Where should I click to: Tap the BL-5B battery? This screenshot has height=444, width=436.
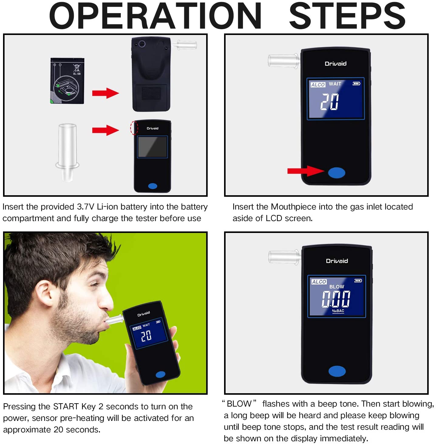click(x=67, y=81)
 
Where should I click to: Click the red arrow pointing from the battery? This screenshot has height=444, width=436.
click(x=106, y=93)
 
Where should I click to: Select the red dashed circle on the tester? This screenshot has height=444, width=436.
click(x=134, y=127)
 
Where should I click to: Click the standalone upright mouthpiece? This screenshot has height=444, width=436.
click(x=67, y=153)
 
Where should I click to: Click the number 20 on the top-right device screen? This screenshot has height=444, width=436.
click(x=329, y=102)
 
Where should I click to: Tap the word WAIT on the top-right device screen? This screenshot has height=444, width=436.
click(x=335, y=84)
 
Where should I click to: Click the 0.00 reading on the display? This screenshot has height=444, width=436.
click(x=336, y=299)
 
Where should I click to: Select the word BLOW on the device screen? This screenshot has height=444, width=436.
click(x=337, y=287)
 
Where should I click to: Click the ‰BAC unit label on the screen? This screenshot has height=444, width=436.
click(x=338, y=311)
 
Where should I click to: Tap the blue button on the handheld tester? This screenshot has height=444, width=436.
click(x=160, y=374)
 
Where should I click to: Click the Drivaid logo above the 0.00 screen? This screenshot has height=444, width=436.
click(x=337, y=261)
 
